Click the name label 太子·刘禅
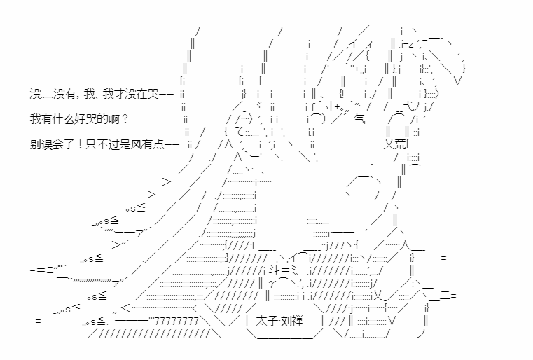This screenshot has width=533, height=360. click(279, 321)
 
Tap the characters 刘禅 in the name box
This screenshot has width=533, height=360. click(291, 321)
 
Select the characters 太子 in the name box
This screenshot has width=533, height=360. click(266, 321)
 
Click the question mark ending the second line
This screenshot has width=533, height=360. click(125, 119)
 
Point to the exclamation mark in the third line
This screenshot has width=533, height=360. click(81, 145)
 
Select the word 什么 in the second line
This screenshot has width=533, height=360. click(62, 119)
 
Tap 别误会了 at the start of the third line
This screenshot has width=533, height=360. click(52, 145)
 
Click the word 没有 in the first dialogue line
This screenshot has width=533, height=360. click(64, 94)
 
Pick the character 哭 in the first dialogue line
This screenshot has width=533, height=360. click(153, 94)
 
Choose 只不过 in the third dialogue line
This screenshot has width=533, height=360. click(102, 145)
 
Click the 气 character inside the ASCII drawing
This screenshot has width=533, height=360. click(359, 118)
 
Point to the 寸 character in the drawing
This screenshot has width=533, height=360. click(329, 106)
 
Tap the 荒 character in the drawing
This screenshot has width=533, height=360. click(401, 144)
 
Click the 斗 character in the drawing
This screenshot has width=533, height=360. click(275, 270)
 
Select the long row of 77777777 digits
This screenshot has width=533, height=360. click(176, 321)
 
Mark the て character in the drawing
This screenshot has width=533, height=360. click(240, 132)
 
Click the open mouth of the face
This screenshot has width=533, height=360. click(363, 187)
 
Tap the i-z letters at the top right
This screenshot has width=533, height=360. click(407, 45)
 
